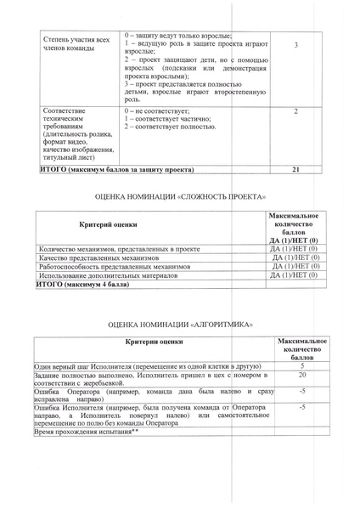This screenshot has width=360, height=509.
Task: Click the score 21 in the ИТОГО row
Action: (295, 170)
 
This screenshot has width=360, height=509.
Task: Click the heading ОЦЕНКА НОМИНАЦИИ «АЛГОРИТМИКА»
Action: (181, 325)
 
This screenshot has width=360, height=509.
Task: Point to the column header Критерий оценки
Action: (108, 223)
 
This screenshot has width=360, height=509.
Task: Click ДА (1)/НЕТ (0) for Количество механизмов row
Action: (294, 248)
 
